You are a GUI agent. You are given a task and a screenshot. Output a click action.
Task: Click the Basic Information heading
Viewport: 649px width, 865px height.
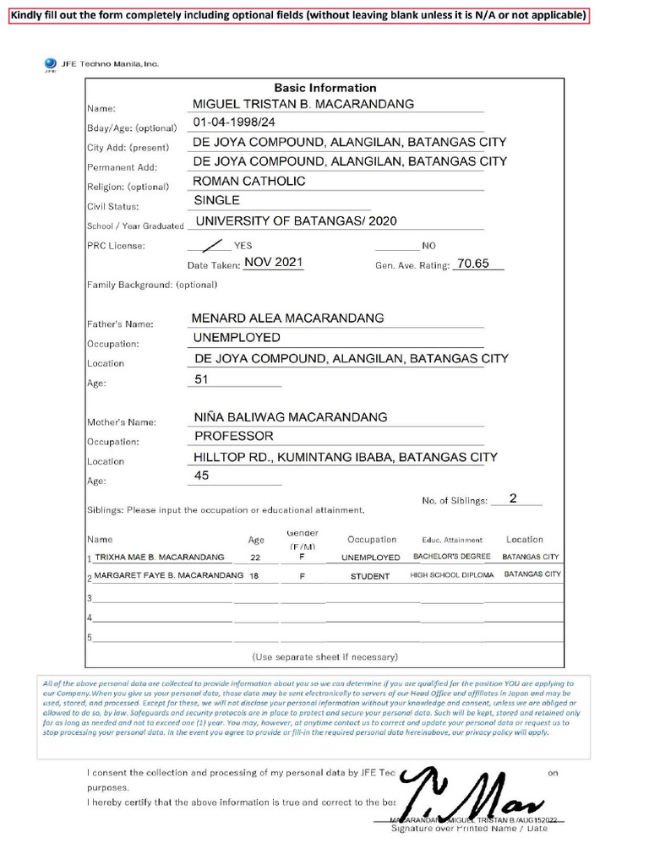point(324,88)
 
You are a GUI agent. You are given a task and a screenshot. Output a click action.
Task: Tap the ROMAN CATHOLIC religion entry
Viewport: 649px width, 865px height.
point(249,181)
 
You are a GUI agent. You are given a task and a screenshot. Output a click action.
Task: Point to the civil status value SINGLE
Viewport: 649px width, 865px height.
point(216,200)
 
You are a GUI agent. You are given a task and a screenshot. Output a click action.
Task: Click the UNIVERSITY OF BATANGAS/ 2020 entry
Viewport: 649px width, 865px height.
point(296,221)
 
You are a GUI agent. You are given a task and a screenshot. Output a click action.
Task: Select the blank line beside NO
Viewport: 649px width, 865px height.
point(396,246)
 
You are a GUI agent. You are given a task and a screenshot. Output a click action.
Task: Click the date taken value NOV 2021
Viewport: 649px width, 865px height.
point(273,263)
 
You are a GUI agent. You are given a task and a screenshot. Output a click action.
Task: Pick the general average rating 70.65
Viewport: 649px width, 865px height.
point(472,264)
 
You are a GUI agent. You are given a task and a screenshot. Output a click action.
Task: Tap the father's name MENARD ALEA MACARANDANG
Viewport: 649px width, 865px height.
point(287,318)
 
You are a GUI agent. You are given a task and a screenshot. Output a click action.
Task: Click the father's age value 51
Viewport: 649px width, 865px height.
point(201,380)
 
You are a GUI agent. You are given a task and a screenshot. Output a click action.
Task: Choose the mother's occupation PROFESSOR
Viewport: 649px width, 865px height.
point(233,436)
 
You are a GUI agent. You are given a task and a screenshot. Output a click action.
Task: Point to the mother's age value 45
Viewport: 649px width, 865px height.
point(201,476)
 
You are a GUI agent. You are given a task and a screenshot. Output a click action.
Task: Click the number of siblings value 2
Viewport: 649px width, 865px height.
point(513,498)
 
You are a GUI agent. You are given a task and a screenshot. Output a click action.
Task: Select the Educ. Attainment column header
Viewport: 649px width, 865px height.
point(451,541)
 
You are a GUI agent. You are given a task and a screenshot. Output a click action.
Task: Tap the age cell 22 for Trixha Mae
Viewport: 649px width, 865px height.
point(255,558)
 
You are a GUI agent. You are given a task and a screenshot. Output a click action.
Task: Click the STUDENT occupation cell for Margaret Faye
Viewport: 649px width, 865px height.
point(370,577)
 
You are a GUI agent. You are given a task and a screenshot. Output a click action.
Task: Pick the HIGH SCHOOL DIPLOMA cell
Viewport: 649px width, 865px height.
point(451,575)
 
